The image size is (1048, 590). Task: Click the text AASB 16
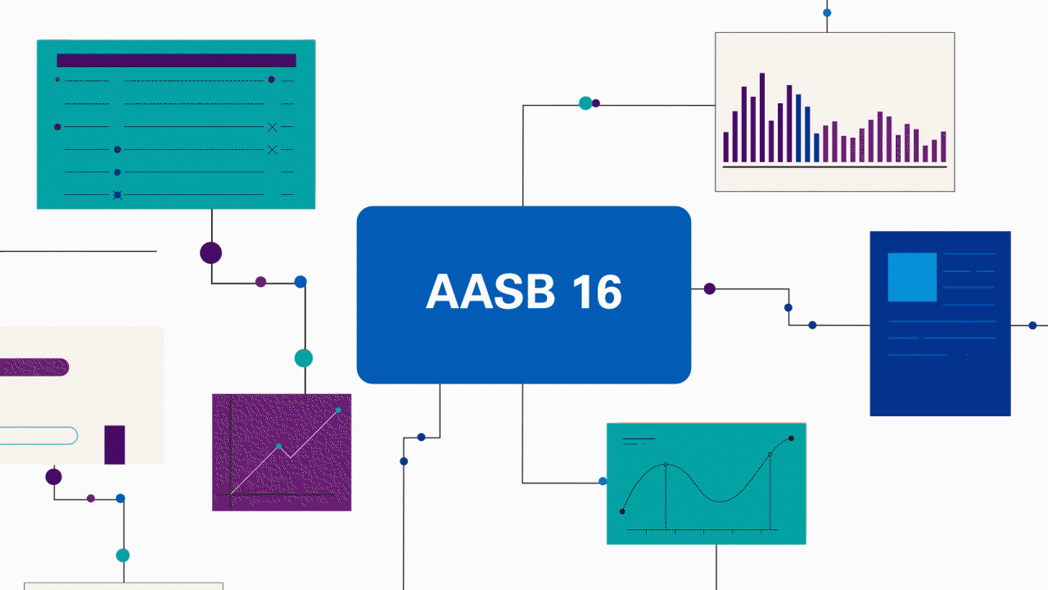(524, 293)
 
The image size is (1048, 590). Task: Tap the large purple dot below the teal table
(211, 252)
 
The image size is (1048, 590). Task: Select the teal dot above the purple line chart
(304, 358)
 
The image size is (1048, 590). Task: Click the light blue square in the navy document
(912, 277)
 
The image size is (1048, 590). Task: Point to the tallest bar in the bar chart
(762, 117)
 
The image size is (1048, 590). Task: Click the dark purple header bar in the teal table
(176, 61)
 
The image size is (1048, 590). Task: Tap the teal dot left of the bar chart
(585, 103)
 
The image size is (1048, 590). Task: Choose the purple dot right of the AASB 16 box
(710, 288)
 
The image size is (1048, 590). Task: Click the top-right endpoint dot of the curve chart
(791, 438)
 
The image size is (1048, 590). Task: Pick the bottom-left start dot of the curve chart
(622, 511)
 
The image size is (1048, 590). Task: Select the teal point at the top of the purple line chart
(338, 410)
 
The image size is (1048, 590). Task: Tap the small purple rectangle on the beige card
(115, 445)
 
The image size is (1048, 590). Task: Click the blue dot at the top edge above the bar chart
(827, 12)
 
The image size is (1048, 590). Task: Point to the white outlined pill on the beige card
(37, 435)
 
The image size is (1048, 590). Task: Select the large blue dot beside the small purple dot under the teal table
(300, 282)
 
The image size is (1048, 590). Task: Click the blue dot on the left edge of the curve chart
(603, 481)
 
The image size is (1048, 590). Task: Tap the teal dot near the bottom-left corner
(123, 555)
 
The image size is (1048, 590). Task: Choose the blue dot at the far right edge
(1032, 325)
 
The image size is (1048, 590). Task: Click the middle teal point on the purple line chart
(278, 447)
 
